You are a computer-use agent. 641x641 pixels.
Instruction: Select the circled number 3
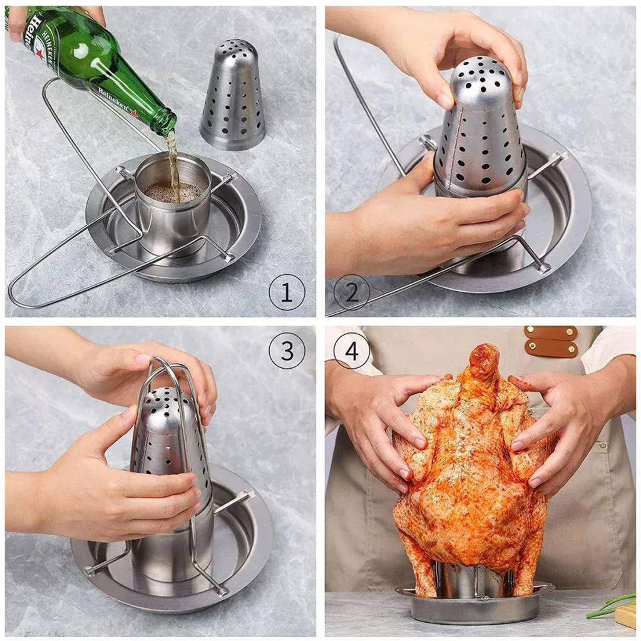[x=287, y=351]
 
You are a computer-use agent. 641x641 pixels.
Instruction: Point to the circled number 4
[x=351, y=351]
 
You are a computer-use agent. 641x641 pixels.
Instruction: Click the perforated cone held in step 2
[x=479, y=131]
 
